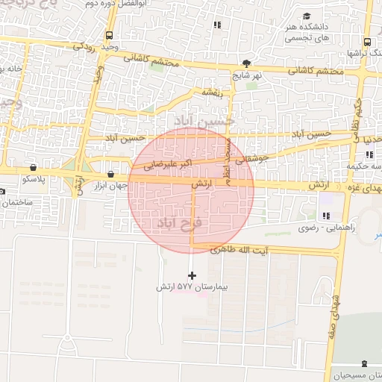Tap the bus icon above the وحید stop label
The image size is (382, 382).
tap(110, 35)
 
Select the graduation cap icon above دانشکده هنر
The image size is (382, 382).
tap(307, 16)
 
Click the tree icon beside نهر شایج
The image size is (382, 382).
tap(247, 63)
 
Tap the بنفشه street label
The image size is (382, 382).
tap(205, 93)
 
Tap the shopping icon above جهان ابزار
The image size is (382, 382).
tap(110, 175)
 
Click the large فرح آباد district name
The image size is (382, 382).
tap(176, 223)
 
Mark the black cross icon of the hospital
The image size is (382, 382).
tap(192, 275)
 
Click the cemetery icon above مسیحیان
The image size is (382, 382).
tap(363, 364)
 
